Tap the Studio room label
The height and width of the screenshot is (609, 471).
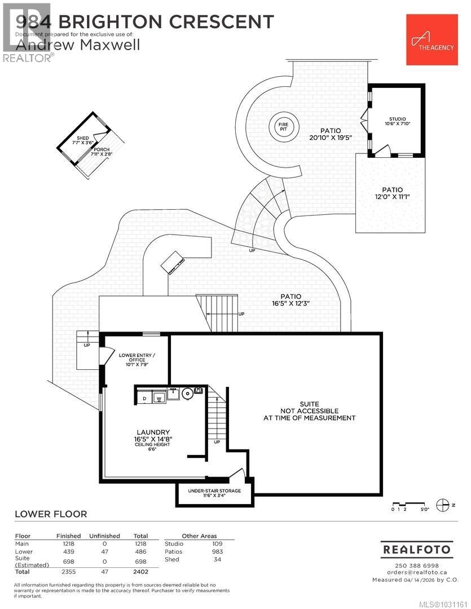(x=397, y=119)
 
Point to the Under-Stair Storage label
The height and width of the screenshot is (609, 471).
(x=214, y=491)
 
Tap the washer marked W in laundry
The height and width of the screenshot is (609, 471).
(x=159, y=398)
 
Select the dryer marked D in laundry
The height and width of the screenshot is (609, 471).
(x=144, y=398)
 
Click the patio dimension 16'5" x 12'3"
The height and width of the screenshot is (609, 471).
(x=291, y=303)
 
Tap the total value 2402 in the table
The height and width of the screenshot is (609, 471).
(x=140, y=571)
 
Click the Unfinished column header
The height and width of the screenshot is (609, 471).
(x=105, y=536)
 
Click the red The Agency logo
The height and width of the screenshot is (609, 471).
(x=430, y=39)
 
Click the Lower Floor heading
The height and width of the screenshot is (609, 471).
(x=51, y=514)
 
